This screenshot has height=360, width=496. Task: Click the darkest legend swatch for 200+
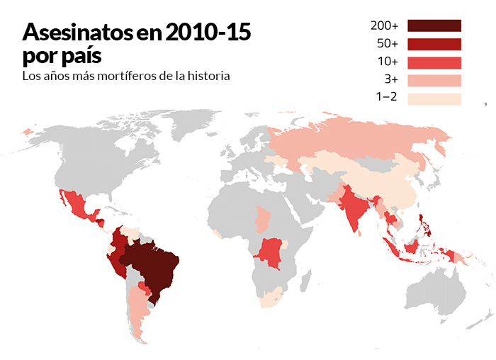pos(434,26)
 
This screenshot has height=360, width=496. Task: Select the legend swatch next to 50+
pos(434,44)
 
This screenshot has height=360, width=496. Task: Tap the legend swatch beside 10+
pos(434,62)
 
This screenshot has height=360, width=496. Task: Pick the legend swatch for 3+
pos(434,81)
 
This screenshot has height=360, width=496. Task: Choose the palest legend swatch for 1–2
pos(434,99)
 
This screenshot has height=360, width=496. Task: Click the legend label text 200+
pos(384,26)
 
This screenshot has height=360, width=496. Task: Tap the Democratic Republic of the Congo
pos(271,252)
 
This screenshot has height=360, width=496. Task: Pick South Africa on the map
pos(270,298)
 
